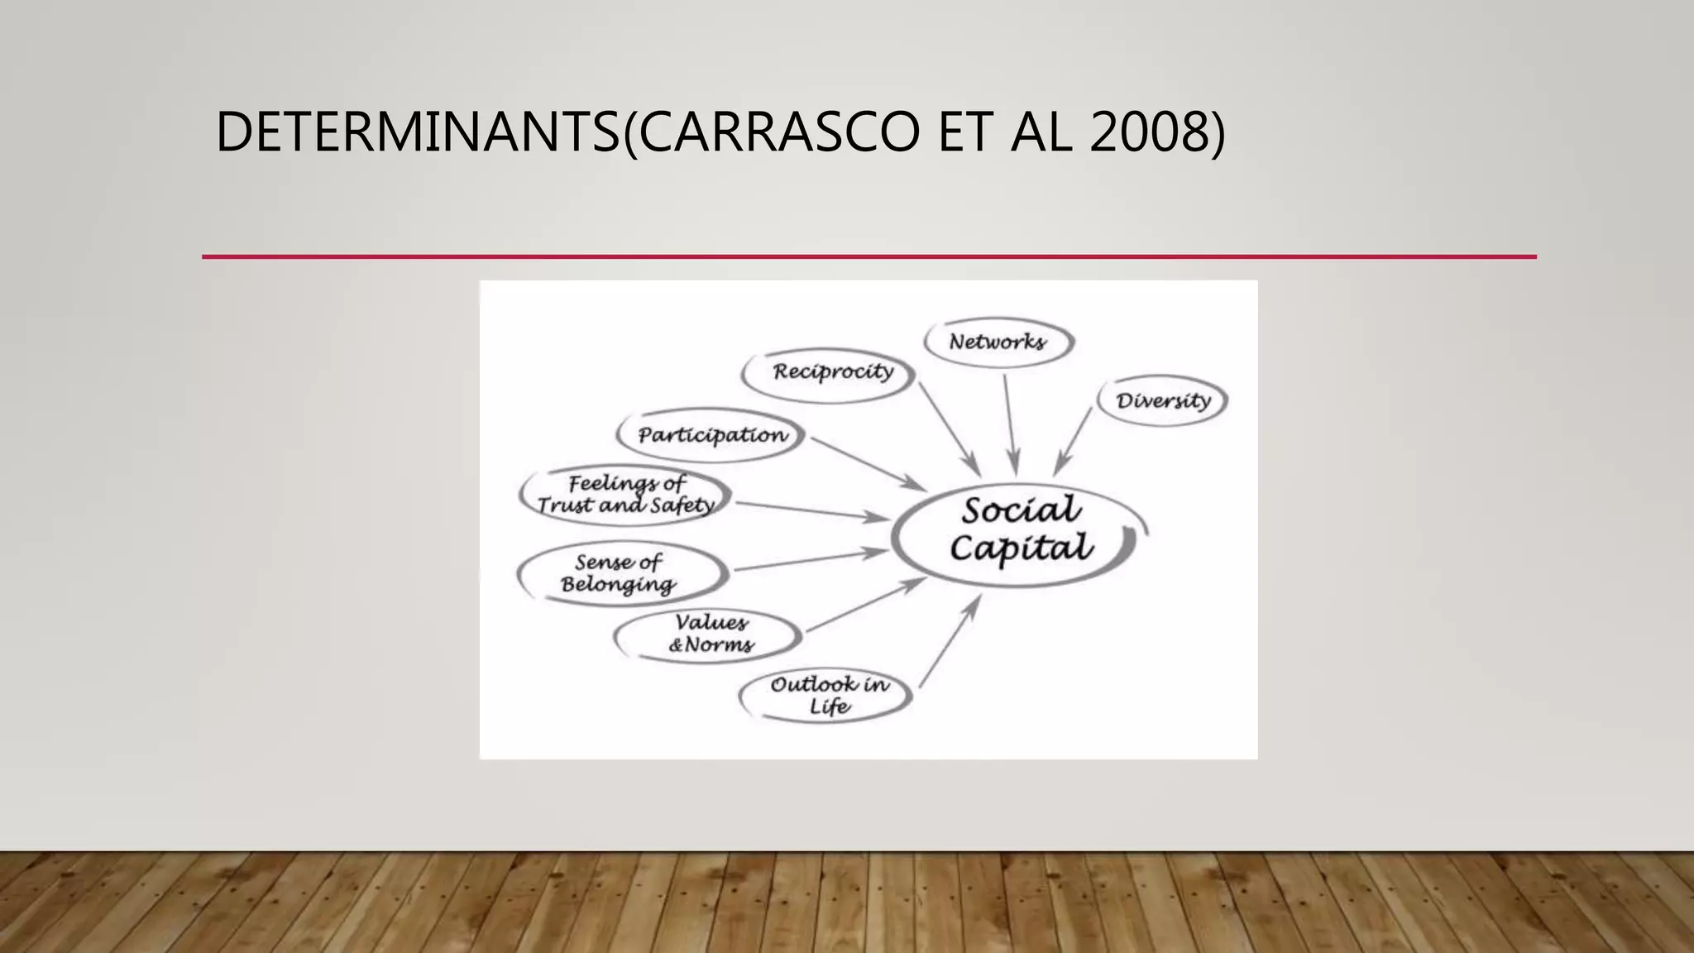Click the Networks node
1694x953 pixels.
point(998,342)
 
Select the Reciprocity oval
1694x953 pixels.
point(831,372)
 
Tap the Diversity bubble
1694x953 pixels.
point(1162,401)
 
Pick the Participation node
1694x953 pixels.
point(711,435)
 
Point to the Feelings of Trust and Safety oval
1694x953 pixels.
point(625,495)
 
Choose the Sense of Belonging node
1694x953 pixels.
point(621,573)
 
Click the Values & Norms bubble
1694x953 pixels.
point(709,635)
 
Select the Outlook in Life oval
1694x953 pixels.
point(827,695)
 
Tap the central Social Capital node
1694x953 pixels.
point(1020,529)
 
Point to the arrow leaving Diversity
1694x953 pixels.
point(1074,440)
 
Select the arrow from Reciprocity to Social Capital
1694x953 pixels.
point(949,428)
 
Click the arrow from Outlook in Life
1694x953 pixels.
point(949,642)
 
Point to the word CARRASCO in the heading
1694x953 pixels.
point(778,132)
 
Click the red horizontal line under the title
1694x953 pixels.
point(869,257)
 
